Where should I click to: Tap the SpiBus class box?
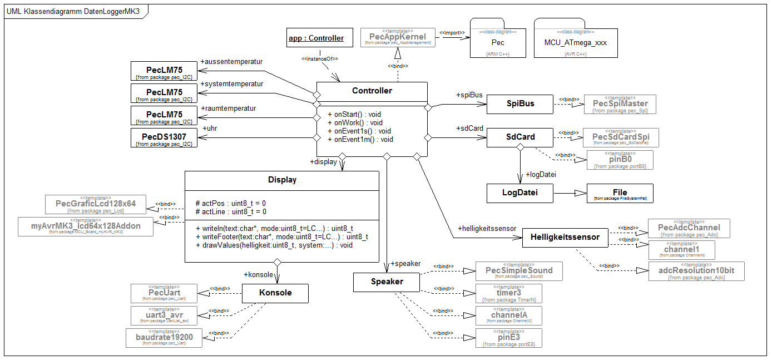click(x=519, y=103)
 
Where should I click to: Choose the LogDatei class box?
click(x=519, y=193)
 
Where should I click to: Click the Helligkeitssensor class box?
click(x=565, y=238)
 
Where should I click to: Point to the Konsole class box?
click(x=275, y=293)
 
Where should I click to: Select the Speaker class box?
click(x=387, y=282)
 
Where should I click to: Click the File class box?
click(x=620, y=193)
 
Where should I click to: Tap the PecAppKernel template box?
click(x=397, y=37)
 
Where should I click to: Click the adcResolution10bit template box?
click(x=696, y=271)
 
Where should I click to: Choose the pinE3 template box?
click(x=509, y=338)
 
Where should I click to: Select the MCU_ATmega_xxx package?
click(x=576, y=42)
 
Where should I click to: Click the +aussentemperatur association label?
click(x=231, y=61)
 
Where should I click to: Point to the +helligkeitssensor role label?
click(x=487, y=228)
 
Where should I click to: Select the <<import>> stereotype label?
click(x=452, y=33)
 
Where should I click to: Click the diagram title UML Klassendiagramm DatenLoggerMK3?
click(x=73, y=12)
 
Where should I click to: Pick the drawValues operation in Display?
click(x=274, y=245)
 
